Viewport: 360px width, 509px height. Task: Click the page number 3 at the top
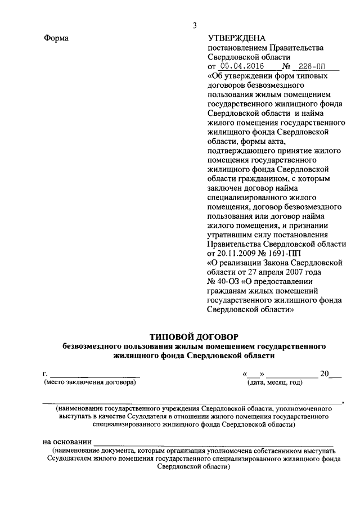(x=195, y=25)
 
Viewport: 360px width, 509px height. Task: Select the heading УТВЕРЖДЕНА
(x=236, y=38)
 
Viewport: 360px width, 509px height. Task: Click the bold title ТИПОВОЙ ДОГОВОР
(x=194, y=336)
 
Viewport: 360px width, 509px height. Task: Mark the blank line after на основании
(x=214, y=443)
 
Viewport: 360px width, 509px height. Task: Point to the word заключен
(x=223, y=188)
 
